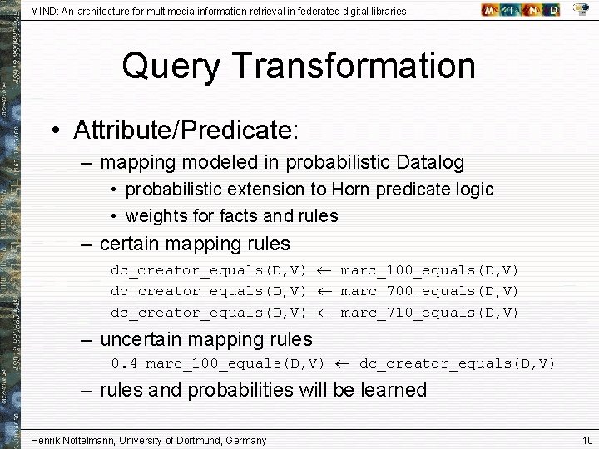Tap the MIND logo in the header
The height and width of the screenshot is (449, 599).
click(x=520, y=10)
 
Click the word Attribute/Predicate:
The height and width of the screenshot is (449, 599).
click(x=186, y=130)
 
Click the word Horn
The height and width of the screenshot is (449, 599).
click(x=351, y=190)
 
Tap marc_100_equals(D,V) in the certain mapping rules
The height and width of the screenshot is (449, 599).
click(x=429, y=270)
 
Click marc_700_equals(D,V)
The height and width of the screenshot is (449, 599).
click(x=429, y=291)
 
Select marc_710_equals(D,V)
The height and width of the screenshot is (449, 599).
click(x=429, y=313)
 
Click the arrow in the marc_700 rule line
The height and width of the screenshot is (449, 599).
click(x=324, y=291)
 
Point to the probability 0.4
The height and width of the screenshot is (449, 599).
click(x=125, y=363)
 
